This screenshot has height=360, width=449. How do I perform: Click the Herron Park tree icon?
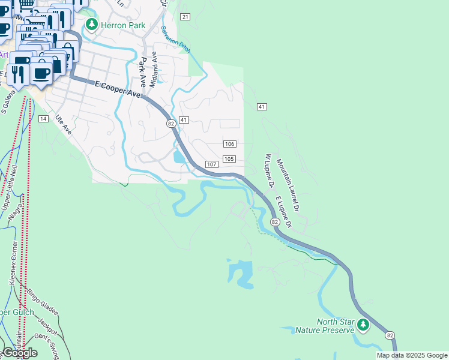click(x=91, y=25)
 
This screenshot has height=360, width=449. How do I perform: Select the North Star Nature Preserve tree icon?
click(x=363, y=325)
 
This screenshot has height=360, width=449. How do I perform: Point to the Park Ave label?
click(x=143, y=71)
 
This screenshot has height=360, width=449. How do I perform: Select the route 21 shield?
click(x=185, y=16)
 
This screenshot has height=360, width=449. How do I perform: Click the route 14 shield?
click(x=43, y=119)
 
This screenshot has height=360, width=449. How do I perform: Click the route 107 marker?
click(x=211, y=164)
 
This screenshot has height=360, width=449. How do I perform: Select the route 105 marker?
click(x=229, y=158)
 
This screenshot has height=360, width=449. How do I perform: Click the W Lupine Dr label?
click(x=268, y=169)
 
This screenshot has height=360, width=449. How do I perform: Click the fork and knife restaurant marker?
click(x=19, y=74)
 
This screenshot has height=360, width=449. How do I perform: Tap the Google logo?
click(x=19, y=353)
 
